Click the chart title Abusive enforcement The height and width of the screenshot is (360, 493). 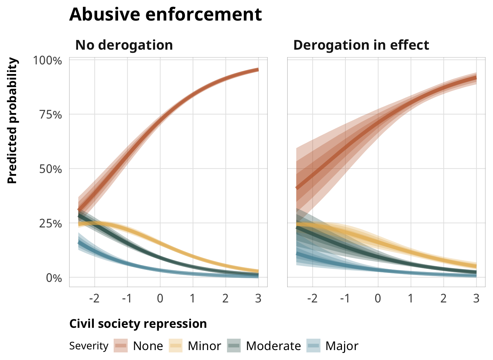tap(165, 14)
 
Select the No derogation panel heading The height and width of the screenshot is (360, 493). tap(124, 45)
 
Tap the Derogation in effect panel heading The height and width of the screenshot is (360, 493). tap(361, 45)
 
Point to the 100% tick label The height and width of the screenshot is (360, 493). tap(48, 61)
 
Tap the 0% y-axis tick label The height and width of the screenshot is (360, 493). tap(54, 278)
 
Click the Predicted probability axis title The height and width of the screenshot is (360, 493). tap(12, 121)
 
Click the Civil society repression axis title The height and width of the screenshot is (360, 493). tap(138, 324)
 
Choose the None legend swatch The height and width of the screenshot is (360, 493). tap(121, 346)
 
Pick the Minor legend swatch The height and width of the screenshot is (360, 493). tap(176, 346)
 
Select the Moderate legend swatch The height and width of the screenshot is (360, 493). tap(234, 346)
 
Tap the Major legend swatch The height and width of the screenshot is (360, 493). tap(313, 346)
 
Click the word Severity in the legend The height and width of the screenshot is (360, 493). tap(89, 346)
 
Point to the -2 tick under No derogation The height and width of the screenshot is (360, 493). tap(94, 299)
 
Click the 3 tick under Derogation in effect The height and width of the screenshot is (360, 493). tap(476, 299)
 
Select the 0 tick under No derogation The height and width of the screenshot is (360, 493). tap(160, 299)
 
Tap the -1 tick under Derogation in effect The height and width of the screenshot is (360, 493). tap(345, 299)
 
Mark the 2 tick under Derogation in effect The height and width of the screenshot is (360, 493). tap(443, 299)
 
